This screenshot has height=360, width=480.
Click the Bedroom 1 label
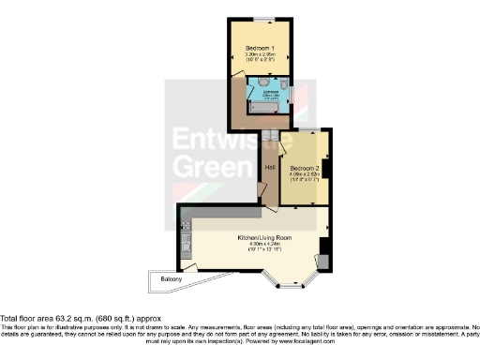click(x=260, y=48)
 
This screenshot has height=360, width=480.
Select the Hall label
click(x=268, y=167)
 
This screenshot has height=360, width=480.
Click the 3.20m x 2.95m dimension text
click(x=260, y=55)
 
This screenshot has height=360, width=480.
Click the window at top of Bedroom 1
click(x=260, y=21)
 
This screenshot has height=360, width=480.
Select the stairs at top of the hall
click(x=270, y=140)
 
